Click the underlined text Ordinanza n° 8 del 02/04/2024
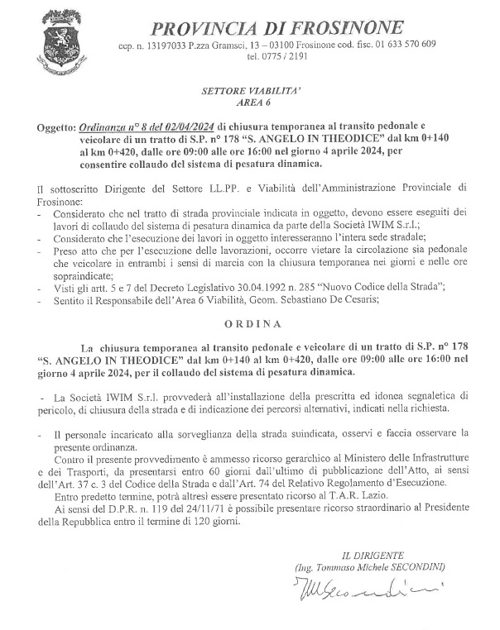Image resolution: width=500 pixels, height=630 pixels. point(147,128)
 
